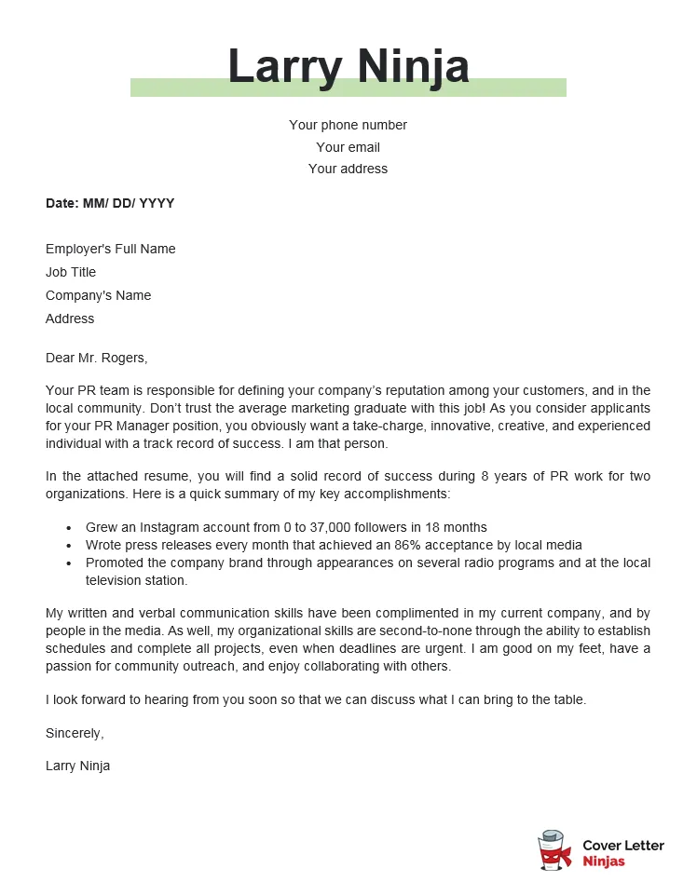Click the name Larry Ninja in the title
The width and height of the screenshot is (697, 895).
point(348,67)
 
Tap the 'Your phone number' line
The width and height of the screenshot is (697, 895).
point(348,125)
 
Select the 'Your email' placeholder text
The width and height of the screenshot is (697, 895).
point(348,147)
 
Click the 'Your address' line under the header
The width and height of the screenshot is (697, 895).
point(348,169)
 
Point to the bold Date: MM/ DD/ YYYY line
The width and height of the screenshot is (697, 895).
point(110,203)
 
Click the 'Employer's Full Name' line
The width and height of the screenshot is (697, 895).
point(110,249)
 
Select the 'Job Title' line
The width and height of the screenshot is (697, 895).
point(71,272)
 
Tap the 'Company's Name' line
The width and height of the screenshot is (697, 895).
point(98,295)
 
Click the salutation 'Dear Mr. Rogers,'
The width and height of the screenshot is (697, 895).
point(96,358)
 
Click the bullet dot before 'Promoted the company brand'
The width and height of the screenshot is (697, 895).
point(69,563)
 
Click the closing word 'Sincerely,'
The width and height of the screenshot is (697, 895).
point(75,733)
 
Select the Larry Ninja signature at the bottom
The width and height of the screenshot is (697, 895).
point(77,766)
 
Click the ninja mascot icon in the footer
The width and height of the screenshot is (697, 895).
point(554,851)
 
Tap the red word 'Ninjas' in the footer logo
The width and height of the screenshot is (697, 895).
point(604,861)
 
